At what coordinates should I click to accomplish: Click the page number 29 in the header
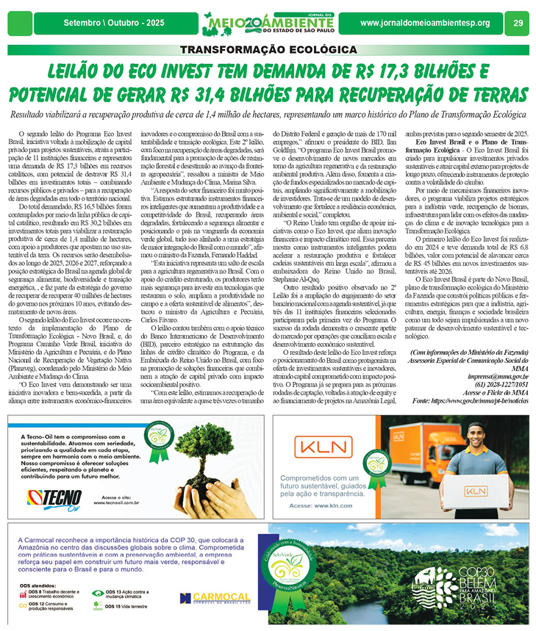coord(517,23)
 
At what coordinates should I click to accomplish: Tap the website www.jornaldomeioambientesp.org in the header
coord(425,23)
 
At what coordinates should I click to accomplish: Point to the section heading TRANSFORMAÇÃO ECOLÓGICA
coord(268,50)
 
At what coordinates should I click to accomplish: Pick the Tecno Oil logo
coord(54,497)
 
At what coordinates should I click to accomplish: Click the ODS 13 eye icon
coord(99,592)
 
